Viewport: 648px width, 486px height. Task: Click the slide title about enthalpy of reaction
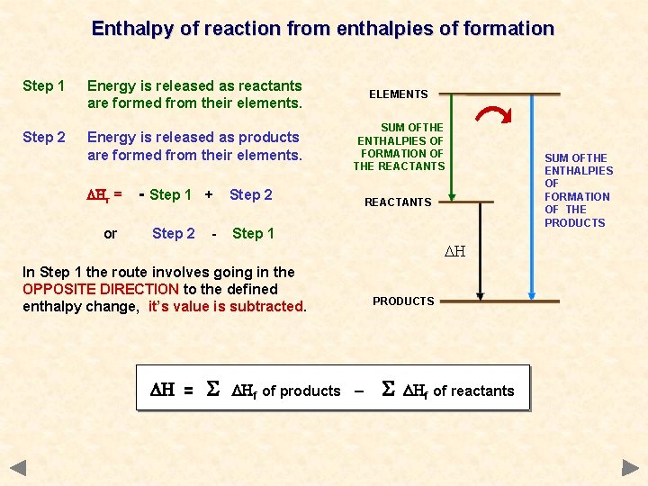point(323,29)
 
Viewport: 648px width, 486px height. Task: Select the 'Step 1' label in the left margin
point(43,86)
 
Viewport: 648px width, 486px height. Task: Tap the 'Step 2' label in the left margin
point(43,138)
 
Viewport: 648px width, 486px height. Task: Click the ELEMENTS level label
point(399,94)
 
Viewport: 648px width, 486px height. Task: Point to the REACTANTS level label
point(399,202)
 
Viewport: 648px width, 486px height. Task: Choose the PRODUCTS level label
point(403,301)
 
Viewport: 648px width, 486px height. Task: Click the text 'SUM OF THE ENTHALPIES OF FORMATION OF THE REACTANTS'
point(400,148)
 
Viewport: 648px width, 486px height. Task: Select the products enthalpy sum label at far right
point(579,190)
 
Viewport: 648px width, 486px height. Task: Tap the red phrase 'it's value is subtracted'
point(226,306)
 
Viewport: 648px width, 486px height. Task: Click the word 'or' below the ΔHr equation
point(110,234)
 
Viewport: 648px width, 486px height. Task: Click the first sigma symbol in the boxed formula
point(212,390)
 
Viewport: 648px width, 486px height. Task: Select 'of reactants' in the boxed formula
point(473,391)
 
